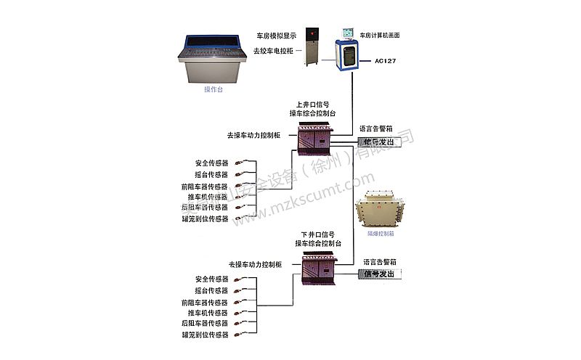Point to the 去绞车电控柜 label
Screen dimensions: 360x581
pos(272,51)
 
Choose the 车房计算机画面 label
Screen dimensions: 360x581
pos(381,35)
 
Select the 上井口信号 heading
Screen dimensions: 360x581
pos(312,105)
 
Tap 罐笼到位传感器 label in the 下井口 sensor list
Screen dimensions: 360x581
pos(205,335)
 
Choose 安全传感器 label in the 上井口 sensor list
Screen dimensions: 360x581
pos(211,163)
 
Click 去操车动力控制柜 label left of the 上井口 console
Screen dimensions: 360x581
pos(258,135)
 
